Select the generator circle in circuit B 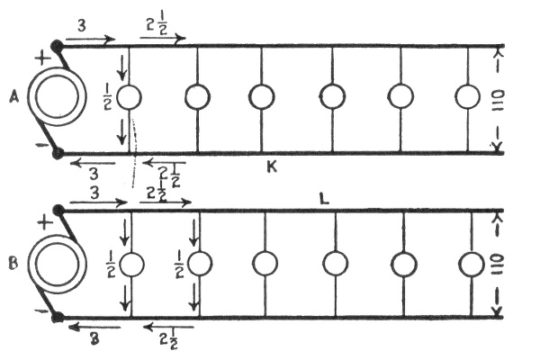[57, 265]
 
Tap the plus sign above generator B [41, 220]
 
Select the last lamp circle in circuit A [468, 97]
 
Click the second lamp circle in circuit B [199, 264]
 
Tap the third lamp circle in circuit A [262, 97]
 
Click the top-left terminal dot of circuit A [58, 45]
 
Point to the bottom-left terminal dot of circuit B [58, 317]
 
